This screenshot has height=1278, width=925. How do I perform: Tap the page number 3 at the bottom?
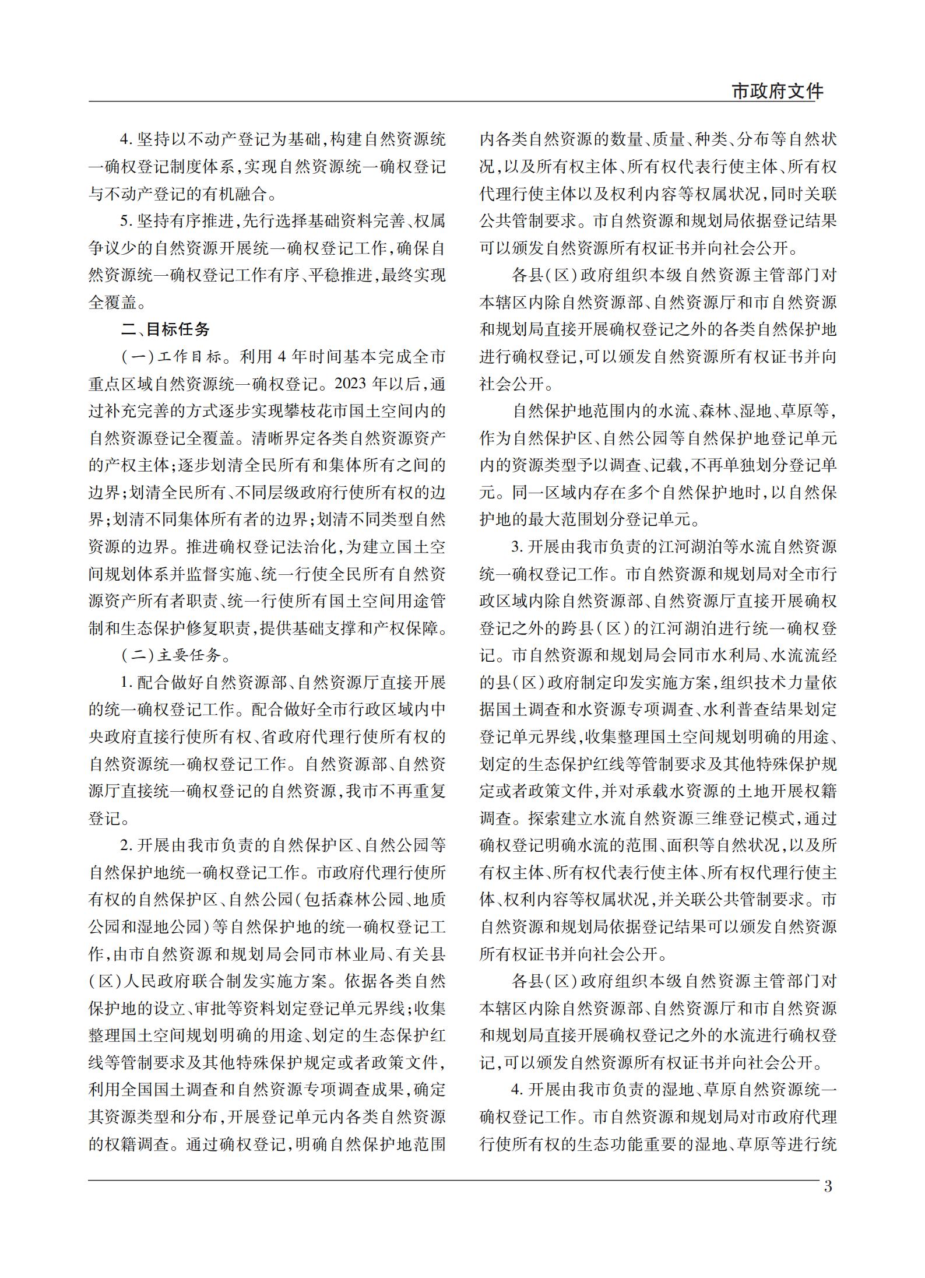click(x=828, y=1186)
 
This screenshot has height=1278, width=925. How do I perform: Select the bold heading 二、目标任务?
click(x=166, y=329)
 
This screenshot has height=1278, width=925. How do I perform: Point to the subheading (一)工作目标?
click(x=171, y=357)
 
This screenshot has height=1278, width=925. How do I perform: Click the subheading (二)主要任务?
click(x=171, y=655)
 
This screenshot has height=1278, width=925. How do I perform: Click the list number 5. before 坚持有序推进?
click(x=126, y=221)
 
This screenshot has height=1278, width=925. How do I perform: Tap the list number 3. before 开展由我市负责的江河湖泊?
click(x=517, y=547)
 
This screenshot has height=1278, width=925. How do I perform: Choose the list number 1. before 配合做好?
click(x=126, y=683)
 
